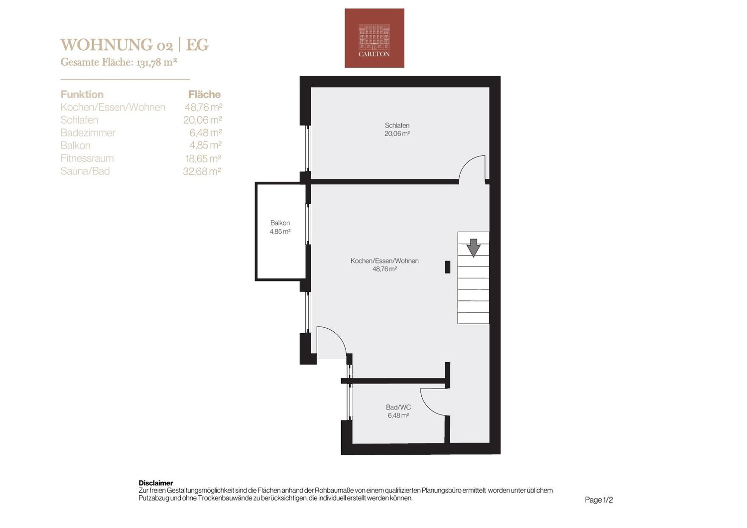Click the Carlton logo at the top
coord(374,38)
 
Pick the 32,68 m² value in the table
coord(202,171)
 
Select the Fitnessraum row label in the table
coord(87,158)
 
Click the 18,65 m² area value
coord(203,158)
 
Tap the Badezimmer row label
coord(88,133)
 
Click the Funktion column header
coord(82,95)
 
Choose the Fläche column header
coord(204,95)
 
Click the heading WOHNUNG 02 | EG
coord(134,45)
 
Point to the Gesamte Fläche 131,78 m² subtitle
coord(119,62)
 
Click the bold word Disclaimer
coord(156,483)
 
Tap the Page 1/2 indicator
coord(599,500)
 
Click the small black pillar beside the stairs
coord(448,267)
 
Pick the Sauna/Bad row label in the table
coord(85,171)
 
